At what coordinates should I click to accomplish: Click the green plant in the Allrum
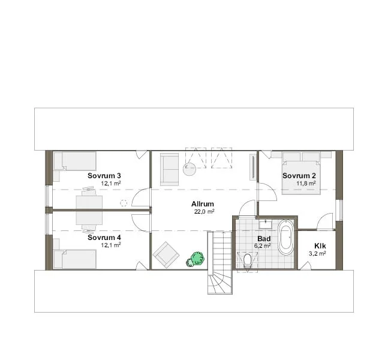coord(195,259)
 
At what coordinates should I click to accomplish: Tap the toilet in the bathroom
coord(247,261)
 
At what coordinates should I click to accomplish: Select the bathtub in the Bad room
coord(286,237)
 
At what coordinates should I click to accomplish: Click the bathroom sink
coord(266,224)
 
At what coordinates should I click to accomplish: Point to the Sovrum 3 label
coord(104,176)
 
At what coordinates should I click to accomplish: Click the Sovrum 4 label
coord(104,238)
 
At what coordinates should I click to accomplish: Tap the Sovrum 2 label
coord(299,176)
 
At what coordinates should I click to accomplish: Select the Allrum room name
coord(203,204)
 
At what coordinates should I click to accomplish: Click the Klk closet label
coord(320,246)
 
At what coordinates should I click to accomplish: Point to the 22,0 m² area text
coord(204,212)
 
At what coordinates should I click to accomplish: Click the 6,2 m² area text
coord(262,246)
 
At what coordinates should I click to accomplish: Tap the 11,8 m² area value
coord(306,183)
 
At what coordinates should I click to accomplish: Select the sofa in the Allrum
coord(169,169)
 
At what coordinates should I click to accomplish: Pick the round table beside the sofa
coord(190,169)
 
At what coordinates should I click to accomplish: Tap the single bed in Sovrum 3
coord(75,161)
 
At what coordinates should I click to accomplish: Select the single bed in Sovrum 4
coord(75,259)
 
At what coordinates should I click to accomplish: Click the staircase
coord(219,262)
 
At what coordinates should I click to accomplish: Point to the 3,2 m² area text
coord(317,254)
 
